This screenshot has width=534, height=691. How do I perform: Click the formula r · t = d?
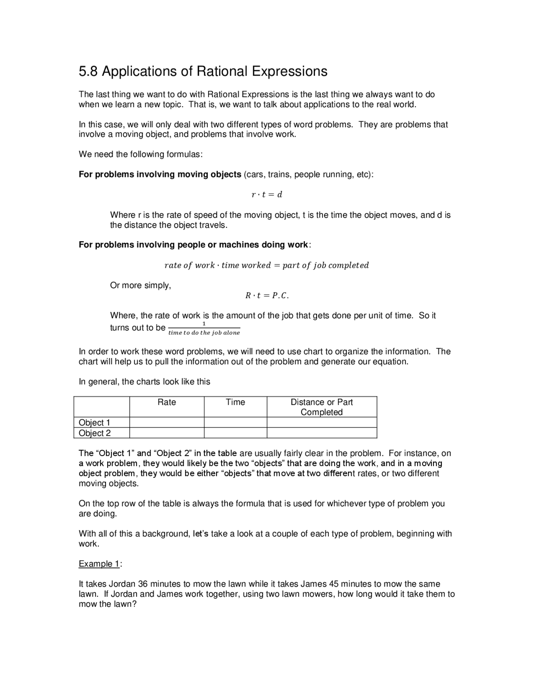point(267,194)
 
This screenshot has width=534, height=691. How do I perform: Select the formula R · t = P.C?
point(267,295)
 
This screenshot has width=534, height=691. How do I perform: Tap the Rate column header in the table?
point(166,402)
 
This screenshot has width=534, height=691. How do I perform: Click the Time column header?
point(235,402)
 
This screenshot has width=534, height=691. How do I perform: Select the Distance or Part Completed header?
point(322,407)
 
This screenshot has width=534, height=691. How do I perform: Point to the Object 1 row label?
point(94,422)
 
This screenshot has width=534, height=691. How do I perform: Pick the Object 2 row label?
point(95,433)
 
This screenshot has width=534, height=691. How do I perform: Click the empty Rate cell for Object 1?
point(166,422)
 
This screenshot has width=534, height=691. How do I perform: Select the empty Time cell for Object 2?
point(235,433)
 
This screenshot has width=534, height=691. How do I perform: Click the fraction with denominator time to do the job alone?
point(204,329)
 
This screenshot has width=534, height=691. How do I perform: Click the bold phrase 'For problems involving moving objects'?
point(160,174)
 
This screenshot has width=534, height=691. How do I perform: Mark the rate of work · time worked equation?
point(267,265)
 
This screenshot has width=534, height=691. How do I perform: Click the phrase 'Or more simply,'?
point(141,286)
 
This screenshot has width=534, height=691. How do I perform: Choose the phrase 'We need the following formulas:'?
point(141,154)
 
